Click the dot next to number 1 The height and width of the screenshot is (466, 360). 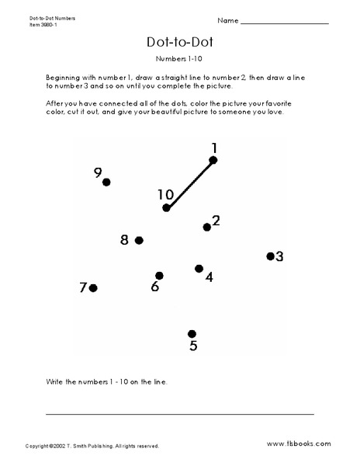[213, 160]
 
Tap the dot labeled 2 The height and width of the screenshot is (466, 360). [207, 227]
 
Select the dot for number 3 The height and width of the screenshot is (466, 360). [271, 256]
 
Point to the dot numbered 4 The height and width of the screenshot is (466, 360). [199, 269]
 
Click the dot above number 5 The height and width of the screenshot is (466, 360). [192, 333]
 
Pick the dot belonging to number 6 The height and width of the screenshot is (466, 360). [159, 276]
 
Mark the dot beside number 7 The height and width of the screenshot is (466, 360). [93, 288]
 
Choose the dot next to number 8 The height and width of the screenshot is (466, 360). [139, 241]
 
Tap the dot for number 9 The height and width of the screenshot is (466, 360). [106, 182]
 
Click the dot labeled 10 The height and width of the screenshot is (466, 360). [166, 207]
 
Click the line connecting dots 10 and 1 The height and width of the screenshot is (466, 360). [189, 184]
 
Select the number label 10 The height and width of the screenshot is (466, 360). [164, 194]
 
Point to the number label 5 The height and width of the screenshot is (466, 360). [193, 346]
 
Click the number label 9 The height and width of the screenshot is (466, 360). [98, 173]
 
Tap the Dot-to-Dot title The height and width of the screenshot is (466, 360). [179, 43]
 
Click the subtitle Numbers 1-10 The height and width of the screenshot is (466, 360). [179, 59]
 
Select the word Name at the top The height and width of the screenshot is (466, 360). [250, 19]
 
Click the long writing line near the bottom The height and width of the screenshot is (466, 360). [180, 414]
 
